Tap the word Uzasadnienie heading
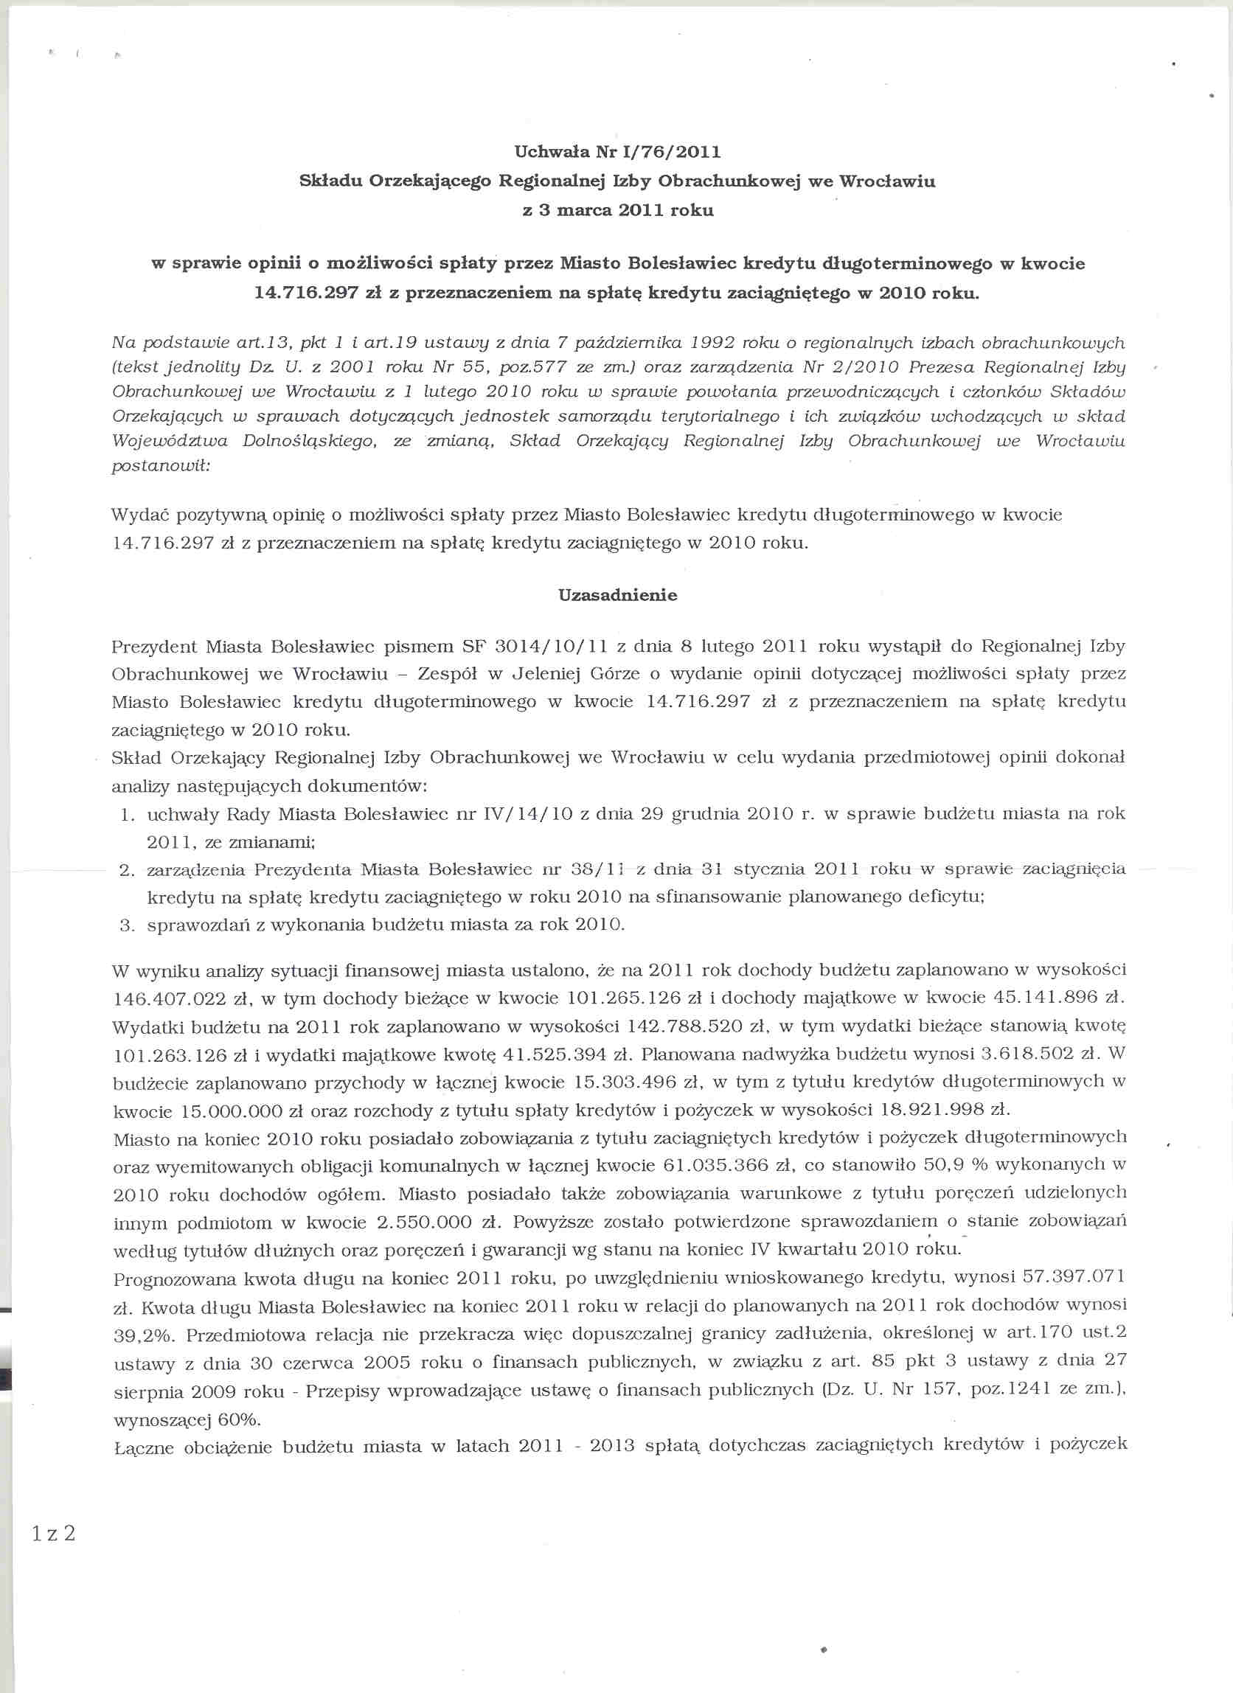[617, 595]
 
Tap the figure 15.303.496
[636, 1082]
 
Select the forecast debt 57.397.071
[1073, 1277]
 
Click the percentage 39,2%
[142, 1335]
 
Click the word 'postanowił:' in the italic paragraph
[161, 466]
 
